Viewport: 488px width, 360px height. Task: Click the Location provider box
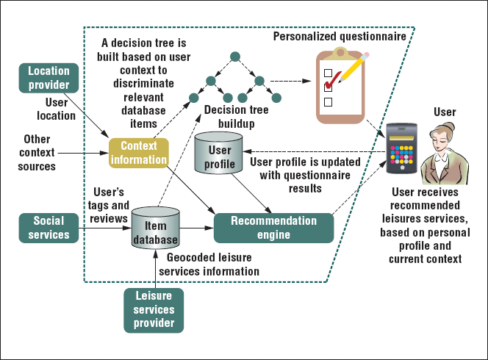(x=49, y=78)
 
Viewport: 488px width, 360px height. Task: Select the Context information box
(x=139, y=152)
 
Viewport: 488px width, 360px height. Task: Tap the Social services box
(x=49, y=227)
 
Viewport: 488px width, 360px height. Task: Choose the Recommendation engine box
(x=273, y=227)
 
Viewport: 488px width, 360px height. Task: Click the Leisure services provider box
(x=154, y=311)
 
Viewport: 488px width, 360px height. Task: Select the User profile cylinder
(x=220, y=153)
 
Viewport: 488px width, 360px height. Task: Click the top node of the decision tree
(x=234, y=56)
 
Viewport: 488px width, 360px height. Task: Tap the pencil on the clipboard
(x=353, y=70)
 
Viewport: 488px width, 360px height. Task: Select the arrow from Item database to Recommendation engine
(x=196, y=228)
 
